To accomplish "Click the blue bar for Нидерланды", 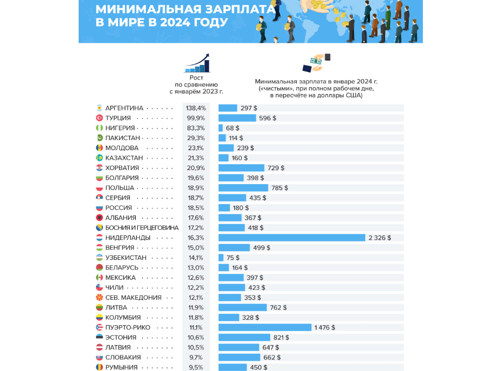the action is tap(292, 237).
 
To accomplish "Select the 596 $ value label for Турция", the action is tap(268, 118).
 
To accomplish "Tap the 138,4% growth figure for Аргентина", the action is tap(196, 108).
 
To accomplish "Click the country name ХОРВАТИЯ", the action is tap(122, 168).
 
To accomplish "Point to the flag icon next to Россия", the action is tap(99, 208).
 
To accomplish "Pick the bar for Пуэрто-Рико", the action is tap(265, 327).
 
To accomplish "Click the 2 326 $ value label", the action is tap(380, 238).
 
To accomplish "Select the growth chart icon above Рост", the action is tap(197, 63).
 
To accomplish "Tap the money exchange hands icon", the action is tap(317, 63).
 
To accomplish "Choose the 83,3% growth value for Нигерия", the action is tap(196, 128).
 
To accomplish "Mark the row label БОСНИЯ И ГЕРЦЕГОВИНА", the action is tap(142, 228).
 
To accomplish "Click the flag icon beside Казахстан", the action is tap(99, 158).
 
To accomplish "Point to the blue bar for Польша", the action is tap(243, 188).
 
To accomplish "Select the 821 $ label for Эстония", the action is tap(281, 337).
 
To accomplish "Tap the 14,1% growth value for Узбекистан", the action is tap(196, 258).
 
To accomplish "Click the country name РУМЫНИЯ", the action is tap(121, 368).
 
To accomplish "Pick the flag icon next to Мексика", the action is tap(99, 278).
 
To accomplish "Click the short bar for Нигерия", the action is tap(220, 128).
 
